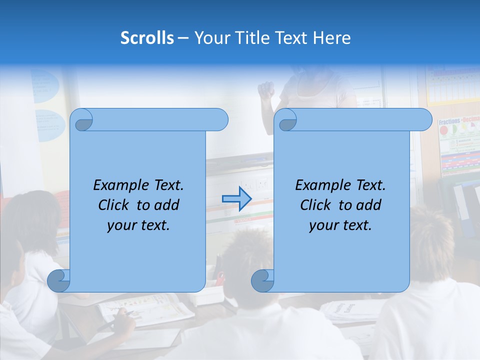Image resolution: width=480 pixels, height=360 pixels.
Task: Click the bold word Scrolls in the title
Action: (x=147, y=37)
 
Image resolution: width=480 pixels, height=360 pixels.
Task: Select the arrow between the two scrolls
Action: (x=236, y=198)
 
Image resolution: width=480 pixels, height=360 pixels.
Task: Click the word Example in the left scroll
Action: (x=119, y=185)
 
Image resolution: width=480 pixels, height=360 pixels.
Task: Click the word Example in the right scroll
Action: (x=321, y=185)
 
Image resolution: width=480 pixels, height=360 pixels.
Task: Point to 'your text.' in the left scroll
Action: (x=138, y=225)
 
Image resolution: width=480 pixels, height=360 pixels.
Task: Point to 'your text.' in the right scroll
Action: (x=340, y=225)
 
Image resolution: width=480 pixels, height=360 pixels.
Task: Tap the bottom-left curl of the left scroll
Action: (x=58, y=280)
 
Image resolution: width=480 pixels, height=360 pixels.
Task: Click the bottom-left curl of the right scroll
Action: (x=262, y=280)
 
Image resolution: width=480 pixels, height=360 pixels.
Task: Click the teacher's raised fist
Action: (x=265, y=89)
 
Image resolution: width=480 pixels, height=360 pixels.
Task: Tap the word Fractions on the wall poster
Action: (x=449, y=121)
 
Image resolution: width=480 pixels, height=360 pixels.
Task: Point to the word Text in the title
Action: (x=292, y=37)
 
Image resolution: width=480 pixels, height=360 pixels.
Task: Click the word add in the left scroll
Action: (x=167, y=205)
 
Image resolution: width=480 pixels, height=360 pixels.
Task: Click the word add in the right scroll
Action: (x=369, y=205)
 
